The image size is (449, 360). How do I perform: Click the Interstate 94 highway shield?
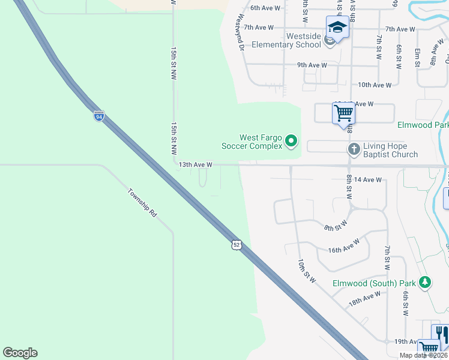click(x=99, y=116)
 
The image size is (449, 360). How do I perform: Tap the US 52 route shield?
click(x=237, y=245)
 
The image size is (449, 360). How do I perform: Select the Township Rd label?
click(x=142, y=203)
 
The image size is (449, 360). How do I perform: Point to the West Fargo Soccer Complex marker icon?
click(x=291, y=142)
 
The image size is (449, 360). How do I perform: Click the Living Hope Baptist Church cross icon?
click(x=354, y=148)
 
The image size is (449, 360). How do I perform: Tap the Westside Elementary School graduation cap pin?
click(x=337, y=28)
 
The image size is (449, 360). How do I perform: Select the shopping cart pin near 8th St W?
click(x=343, y=112)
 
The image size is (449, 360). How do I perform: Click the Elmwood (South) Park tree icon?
click(x=425, y=282)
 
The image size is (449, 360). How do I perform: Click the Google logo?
click(x=20, y=353)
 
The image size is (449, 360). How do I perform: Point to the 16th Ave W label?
click(x=344, y=246)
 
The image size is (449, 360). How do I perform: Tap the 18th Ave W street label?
click(x=365, y=298)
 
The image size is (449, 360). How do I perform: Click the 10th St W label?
click(x=306, y=272)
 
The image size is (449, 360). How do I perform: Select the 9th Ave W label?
click(x=312, y=65)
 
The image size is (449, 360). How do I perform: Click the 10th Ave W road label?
click(x=375, y=85)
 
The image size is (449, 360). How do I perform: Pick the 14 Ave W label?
click(x=368, y=179)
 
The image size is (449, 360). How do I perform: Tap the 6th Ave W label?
click(x=266, y=8)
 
